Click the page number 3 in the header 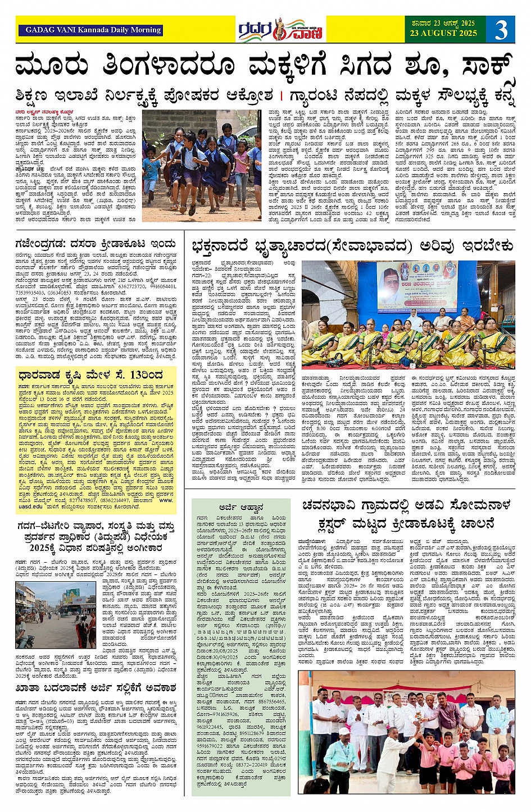(x=501, y=30)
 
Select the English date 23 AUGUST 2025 (x=443, y=33)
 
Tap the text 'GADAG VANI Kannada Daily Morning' (x=93, y=30)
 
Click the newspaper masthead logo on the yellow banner (x=280, y=30)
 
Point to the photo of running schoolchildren (x=201, y=165)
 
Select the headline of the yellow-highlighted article (x=90, y=375)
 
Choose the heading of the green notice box (x=242, y=507)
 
